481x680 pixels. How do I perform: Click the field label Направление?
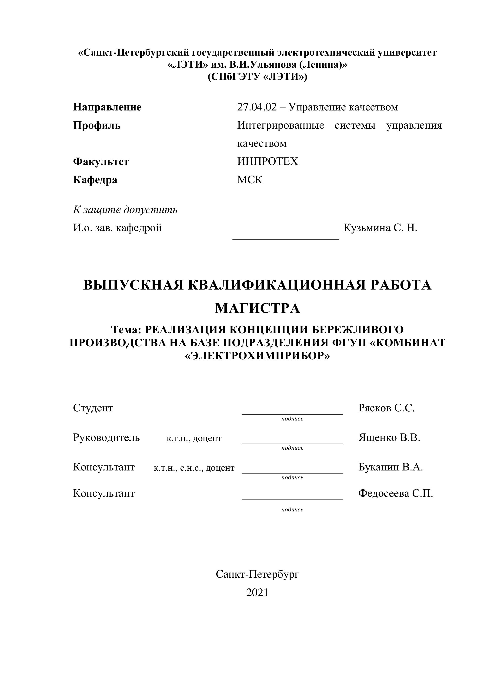coord(107,107)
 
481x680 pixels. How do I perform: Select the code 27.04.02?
coord(257,107)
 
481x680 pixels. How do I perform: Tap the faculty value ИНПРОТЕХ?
coord(267,161)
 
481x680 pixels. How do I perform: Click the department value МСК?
coord(250,180)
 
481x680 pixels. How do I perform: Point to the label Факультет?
coord(101,162)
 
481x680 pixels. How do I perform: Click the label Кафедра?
coord(95,180)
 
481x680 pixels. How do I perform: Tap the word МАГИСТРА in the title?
coord(257,308)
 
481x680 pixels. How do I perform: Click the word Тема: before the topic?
coord(127,329)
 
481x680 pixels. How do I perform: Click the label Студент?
coord(93,408)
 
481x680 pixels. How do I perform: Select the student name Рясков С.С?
coord(386,408)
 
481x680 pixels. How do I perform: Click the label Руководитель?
coord(106,437)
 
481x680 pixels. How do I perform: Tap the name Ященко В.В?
coord(389,437)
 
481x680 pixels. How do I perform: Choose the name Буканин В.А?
coord(390,467)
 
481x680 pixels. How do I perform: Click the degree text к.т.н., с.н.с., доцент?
coord(194,468)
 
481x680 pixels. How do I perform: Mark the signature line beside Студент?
coord(292,413)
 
